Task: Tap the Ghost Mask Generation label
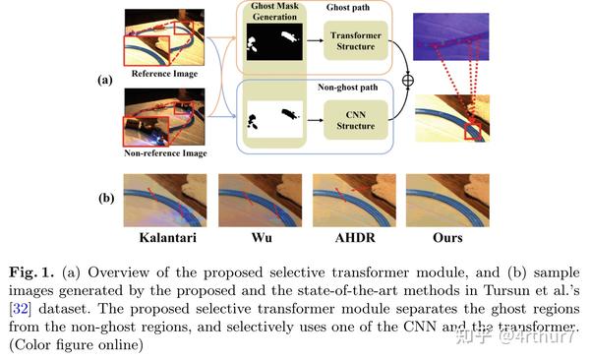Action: [274, 11]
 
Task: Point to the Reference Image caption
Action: [163, 74]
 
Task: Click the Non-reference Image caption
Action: [164, 153]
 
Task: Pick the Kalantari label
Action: [164, 238]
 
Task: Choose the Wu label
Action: [259, 238]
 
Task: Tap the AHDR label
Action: [353, 238]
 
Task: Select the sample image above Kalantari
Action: [164, 200]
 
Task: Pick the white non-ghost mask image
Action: [275, 122]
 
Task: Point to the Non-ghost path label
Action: [352, 88]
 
